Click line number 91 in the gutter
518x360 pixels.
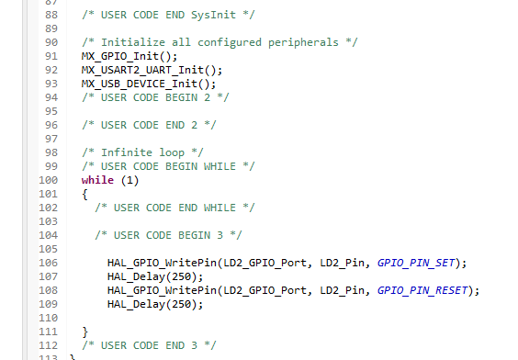coord(51,56)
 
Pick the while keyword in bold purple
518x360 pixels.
coord(97,180)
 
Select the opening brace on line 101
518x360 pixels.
coord(84,194)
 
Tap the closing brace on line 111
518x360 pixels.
coord(84,331)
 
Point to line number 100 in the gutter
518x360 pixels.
coord(48,180)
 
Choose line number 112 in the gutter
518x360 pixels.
coord(48,344)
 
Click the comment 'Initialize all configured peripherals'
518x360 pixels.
coord(219,42)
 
